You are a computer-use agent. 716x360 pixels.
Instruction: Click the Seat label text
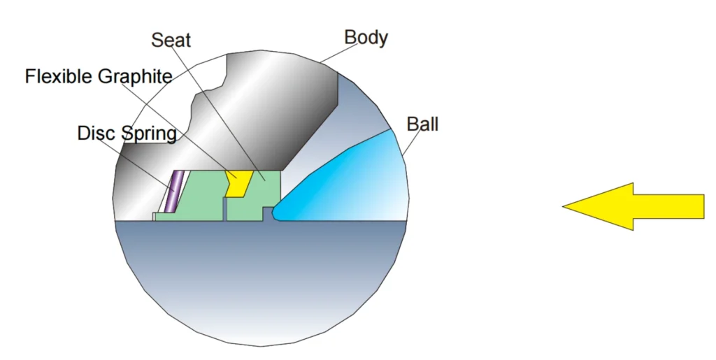click(171, 40)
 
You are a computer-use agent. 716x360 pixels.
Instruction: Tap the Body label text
click(366, 38)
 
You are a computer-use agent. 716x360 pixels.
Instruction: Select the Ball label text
click(422, 124)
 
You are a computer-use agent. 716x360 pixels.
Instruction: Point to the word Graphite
click(135, 77)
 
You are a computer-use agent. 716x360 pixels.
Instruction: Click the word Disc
click(96, 134)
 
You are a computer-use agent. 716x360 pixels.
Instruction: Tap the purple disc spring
click(174, 192)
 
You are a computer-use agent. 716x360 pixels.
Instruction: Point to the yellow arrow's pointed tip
click(563, 206)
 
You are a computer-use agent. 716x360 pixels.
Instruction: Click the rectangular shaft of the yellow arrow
click(669, 206)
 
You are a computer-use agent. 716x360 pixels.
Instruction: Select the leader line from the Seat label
click(219, 112)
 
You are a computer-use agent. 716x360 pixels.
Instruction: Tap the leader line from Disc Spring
click(135, 162)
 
